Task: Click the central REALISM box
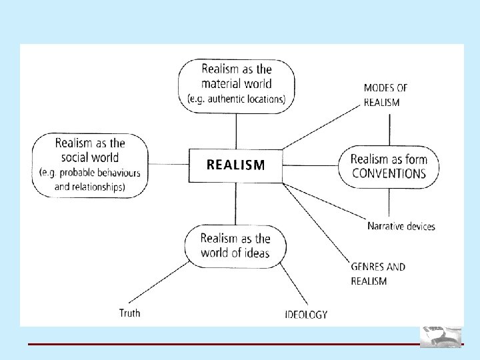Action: click(x=235, y=165)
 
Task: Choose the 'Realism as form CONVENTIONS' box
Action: click(x=387, y=167)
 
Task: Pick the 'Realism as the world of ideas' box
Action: click(x=235, y=245)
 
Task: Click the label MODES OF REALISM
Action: click(x=385, y=95)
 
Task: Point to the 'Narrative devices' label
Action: click(x=401, y=226)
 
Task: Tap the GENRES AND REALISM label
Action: click(x=377, y=274)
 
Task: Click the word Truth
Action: click(x=129, y=312)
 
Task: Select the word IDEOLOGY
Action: click(x=306, y=314)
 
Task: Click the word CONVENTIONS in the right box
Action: click(x=388, y=174)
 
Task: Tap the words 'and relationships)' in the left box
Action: click(x=89, y=187)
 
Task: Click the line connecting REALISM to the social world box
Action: click(x=167, y=164)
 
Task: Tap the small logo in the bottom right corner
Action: click(x=440, y=336)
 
